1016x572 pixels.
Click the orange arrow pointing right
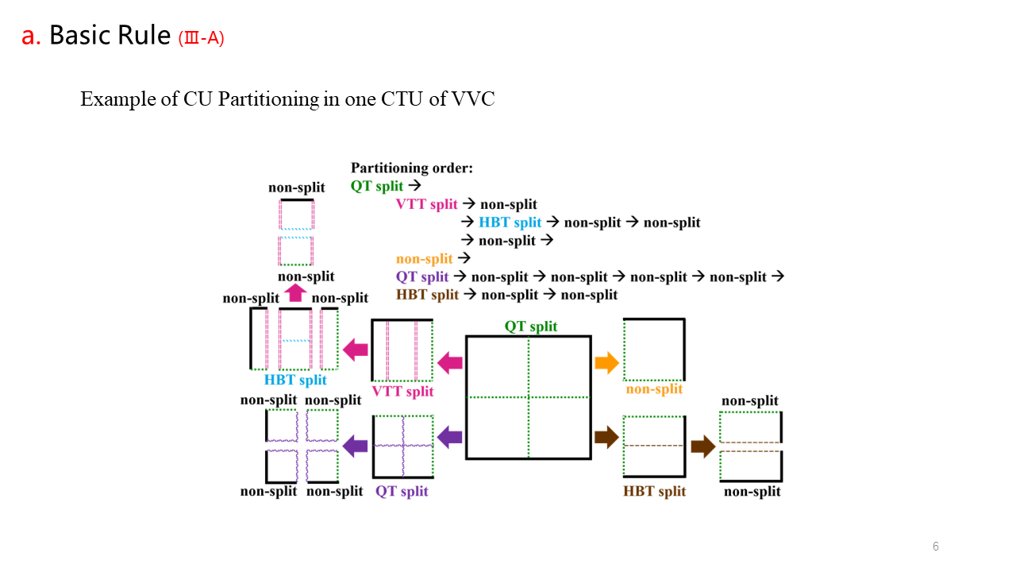(606, 363)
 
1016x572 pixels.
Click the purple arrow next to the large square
(450, 436)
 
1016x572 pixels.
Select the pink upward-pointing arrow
(295, 293)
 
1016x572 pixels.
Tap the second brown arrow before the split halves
(702, 446)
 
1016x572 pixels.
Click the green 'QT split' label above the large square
(531, 327)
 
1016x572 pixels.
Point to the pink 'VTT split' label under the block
(403, 391)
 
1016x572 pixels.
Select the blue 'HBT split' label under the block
(295, 380)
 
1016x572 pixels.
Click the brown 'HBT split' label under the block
(654, 491)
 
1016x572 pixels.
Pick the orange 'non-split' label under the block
(654, 389)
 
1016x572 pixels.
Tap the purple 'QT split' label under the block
(402, 491)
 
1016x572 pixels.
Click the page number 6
(936, 547)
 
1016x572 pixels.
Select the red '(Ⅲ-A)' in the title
(202, 37)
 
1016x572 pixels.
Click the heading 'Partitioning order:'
(412, 168)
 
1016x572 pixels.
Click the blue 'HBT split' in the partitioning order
(510, 222)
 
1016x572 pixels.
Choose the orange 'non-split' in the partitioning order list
(424, 258)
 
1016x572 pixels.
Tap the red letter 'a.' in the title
(31, 36)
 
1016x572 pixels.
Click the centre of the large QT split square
(529, 397)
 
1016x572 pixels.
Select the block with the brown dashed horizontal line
(654, 446)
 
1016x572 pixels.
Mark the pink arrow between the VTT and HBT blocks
(356, 348)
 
